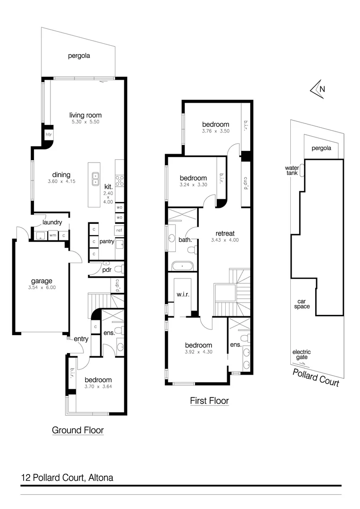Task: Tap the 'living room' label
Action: [x=85, y=115]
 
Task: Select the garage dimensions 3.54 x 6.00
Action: [x=42, y=287]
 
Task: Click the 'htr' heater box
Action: [x=48, y=134]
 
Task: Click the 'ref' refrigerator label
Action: [x=119, y=230]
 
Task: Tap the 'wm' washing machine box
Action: [x=53, y=235]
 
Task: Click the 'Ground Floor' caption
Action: [x=78, y=430]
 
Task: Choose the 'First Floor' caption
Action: [x=209, y=401]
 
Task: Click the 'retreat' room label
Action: [x=225, y=233]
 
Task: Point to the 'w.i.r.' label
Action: [x=182, y=296]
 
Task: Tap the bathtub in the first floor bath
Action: [x=182, y=266]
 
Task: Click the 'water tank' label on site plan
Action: [x=292, y=170]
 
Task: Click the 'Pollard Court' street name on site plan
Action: [x=316, y=378]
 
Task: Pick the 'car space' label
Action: [x=303, y=304]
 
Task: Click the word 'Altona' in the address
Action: [x=101, y=477]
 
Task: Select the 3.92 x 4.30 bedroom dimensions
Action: [x=198, y=352]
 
